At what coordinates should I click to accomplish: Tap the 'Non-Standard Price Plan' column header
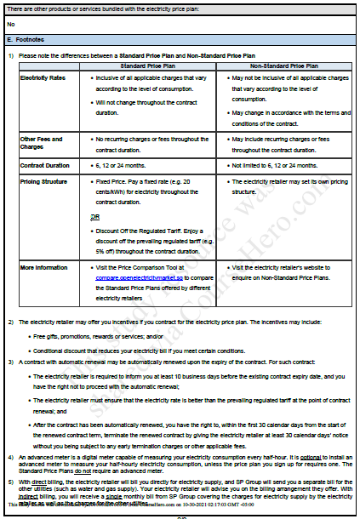click(x=283, y=65)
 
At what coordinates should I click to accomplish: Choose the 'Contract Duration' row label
click(x=44, y=165)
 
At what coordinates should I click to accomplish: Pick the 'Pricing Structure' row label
click(x=45, y=181)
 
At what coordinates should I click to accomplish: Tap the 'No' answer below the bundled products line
click(x=10, y=24)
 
